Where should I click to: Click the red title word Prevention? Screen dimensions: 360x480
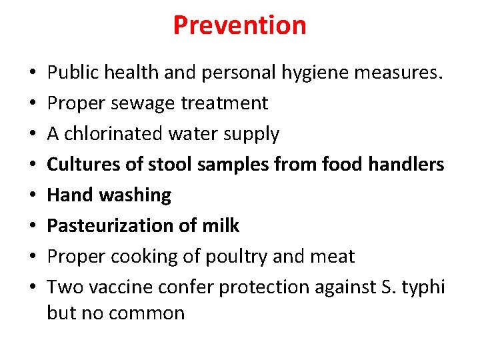tap(239, 25)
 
